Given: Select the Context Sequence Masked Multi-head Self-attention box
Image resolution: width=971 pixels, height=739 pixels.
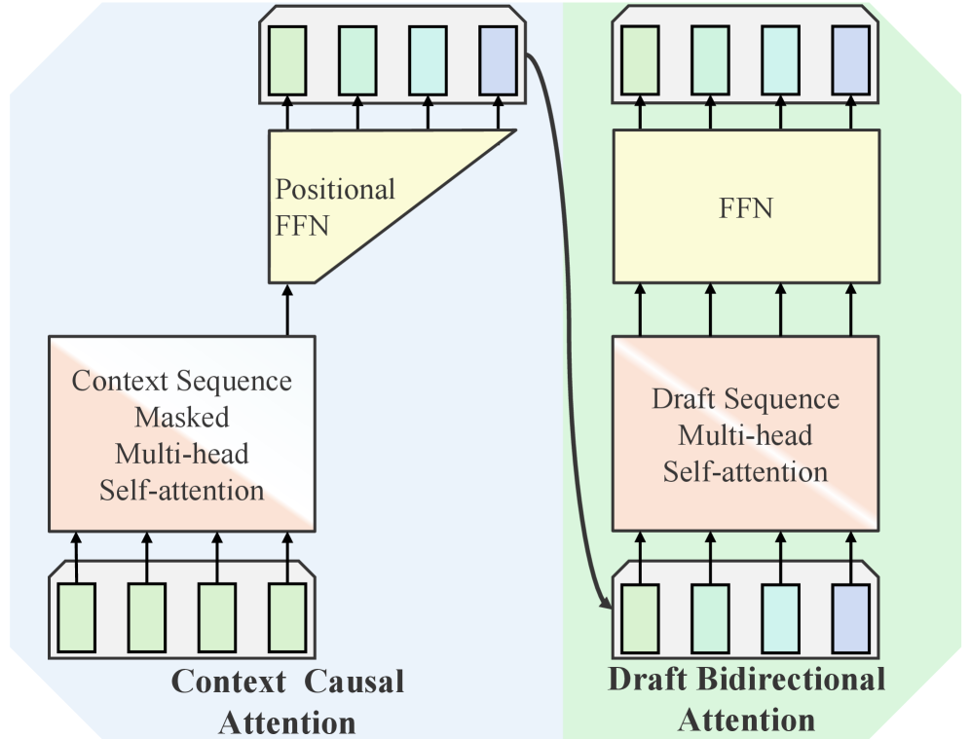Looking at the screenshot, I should click(182, 434).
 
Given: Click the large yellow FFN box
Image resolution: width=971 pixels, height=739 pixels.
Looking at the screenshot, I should click(745, 206).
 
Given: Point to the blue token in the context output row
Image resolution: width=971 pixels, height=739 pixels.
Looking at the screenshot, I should click(498, 59).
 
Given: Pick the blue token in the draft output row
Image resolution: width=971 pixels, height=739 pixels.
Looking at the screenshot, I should click(851, 59).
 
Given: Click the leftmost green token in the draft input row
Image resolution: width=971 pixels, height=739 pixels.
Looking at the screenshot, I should click(640, 617).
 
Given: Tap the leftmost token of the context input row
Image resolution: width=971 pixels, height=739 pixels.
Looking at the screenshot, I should click(77, 617).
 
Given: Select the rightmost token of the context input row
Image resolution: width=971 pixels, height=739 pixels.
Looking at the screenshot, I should click(287, 617).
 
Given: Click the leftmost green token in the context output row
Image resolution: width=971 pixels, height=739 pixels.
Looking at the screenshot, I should click(287, 59).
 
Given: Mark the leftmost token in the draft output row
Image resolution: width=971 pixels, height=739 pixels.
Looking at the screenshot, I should click(640, 59).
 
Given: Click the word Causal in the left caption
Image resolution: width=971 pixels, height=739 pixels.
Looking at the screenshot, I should click(355, 683).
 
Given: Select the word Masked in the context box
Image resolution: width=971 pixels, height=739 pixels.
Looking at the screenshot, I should click(182, 418).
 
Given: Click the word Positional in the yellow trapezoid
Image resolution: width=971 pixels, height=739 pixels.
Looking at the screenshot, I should click(335, 189).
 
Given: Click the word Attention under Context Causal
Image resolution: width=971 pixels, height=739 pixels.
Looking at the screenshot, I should click(286, 721).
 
